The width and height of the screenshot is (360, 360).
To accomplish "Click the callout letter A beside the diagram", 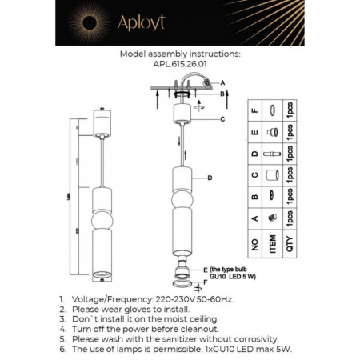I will pos(223,83).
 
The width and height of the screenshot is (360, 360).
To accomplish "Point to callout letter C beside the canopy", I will pos(223,119).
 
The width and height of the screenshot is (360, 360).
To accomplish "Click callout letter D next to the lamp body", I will pos(209,178).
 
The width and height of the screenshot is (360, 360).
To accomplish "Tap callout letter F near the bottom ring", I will pos(204,282).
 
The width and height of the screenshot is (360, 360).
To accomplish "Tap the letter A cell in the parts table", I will pos(254,217).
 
